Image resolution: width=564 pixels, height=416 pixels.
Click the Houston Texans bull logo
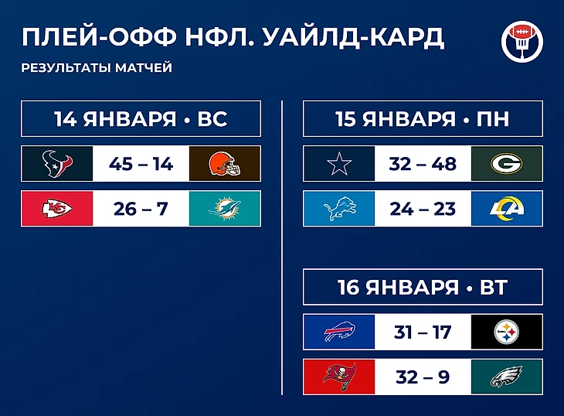tap(57, 164)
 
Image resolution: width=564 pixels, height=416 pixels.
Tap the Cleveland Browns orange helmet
tap(225, 164)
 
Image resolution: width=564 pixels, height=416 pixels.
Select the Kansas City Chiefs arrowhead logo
tap(57, 209)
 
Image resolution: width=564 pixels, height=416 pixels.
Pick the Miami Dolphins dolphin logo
tap(225, 209)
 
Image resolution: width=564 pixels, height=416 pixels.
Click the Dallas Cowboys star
tap(339, 164)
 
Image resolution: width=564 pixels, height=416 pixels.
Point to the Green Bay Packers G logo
tap(507, 164)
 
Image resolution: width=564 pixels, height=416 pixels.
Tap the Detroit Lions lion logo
tap(339, 209)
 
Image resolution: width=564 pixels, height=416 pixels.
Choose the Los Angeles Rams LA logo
tap(507, 209)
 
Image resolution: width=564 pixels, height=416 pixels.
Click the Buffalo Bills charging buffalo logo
tap(340, 332)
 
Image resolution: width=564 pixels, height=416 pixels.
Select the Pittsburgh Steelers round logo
tap(507, 332)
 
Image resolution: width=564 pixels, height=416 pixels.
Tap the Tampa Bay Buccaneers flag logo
tap(340, 377)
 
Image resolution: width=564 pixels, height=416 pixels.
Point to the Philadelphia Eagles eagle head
tap(507, 377)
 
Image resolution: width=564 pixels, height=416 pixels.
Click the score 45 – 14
tap(141, 164)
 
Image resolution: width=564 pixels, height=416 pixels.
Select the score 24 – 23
tap(423, 209)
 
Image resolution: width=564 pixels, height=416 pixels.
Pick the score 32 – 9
tap(423, 377)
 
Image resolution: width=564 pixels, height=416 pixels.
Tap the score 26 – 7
tap(141, 209)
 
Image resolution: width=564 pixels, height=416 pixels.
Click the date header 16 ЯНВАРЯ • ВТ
tap(423, 287)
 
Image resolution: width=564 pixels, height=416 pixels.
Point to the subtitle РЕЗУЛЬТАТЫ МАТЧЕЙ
tap(97, 67)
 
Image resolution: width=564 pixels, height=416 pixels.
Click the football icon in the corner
tap(522, 42)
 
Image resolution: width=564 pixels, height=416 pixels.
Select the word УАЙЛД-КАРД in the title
tap(354, 36)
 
